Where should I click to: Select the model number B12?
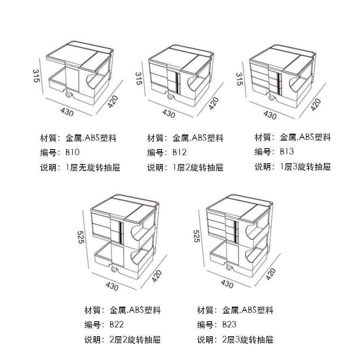(x=180, y=153)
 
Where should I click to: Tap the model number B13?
(x=287, y=152)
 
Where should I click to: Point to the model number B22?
(x=117, y=325)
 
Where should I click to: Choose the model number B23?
(x=229, y=325)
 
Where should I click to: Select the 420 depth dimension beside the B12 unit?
(x=214, y=104)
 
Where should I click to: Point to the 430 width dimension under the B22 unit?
(x=112, y=286)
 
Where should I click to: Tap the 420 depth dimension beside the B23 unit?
(x=270, y=275)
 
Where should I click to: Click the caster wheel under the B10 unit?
(x=68, y=95)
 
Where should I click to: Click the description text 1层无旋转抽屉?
(x=93, y=167)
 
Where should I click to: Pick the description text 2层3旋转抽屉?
(x=248, y=339)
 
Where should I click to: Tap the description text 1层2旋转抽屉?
(x=198, y=167)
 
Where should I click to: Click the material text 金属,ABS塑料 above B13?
(x=305, y=137)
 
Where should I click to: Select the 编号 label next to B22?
(x=93, y=325)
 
